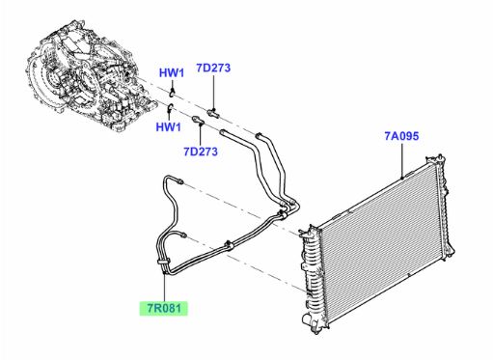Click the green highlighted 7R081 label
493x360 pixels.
[x=163, y=309]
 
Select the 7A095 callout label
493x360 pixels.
[x=401, y=136]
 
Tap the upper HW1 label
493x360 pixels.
[x=172, y=73]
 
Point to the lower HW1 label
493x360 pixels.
[x=169, y=126]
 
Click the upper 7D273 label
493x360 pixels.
[x=213, y=68]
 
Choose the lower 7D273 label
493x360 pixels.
[x=201, y=152]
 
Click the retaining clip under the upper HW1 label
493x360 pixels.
[x=173, y=93]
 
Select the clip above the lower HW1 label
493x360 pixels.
[x=170, y=107]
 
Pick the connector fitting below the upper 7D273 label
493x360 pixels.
[x=213, y=113]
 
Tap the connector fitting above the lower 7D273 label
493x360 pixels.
[x=198, y=121]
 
